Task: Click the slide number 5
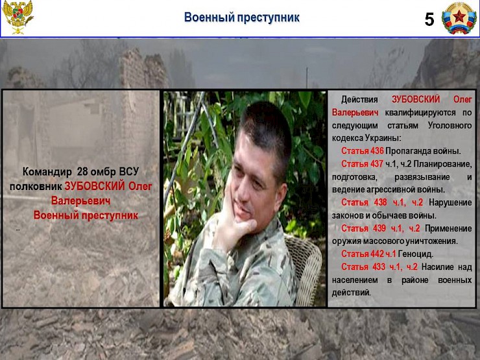coord(429,19)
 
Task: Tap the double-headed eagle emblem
coord(18,18)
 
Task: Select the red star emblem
coord(459,18)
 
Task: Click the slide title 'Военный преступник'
coord(241,18)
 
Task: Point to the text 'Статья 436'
coord(362,151)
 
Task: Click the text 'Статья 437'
coord(362,163)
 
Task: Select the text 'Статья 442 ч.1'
coord(368,254)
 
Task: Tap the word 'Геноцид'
coord(416,254)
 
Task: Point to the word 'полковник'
coord(36,186)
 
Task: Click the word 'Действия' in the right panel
coord(359,99)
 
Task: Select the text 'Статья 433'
coord(362,267)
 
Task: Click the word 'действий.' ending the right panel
coord(352,293)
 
